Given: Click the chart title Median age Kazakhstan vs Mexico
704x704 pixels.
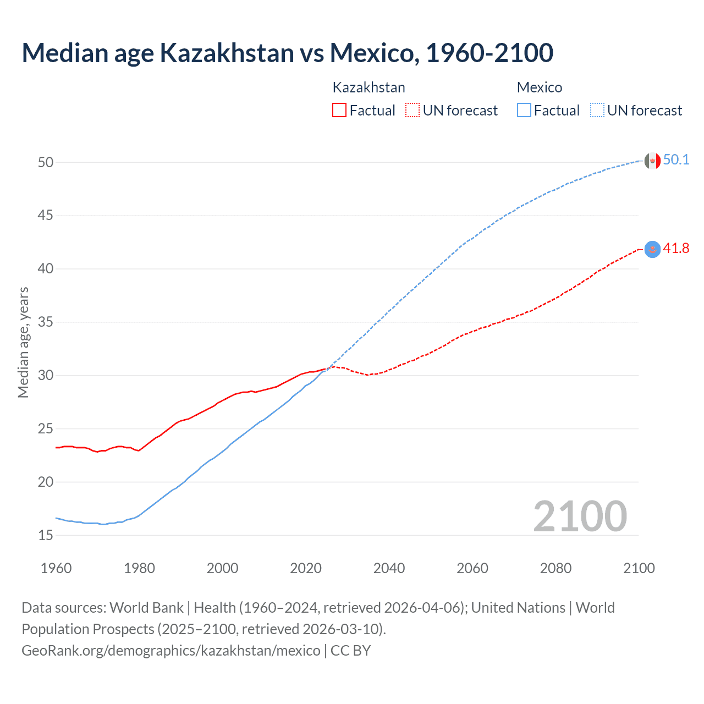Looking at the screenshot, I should [x=287, y=53].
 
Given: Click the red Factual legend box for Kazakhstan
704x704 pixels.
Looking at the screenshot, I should [x=339, y=110].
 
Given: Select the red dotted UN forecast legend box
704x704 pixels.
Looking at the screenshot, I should [x=413, y=110].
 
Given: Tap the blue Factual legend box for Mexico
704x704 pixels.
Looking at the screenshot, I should [x=524, y=110].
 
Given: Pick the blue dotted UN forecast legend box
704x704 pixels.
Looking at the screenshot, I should [x=597, y=110].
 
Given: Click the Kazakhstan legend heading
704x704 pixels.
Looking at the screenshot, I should [x=369, y=87].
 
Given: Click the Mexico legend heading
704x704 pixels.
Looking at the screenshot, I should [x=539, y=87].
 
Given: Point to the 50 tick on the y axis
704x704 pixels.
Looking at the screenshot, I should [x=46, y=162].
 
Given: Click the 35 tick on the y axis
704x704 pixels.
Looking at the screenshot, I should [x=46, y=322].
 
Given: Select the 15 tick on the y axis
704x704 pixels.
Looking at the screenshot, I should [x=46, y=535].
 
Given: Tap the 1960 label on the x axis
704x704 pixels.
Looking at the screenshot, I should [x=56, y=568].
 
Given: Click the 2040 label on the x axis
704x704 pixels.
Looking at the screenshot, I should [x=389, y=568].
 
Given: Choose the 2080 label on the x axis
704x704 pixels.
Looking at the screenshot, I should [x=555, y=568].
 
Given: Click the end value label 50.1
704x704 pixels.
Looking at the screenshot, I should [x=676, y=160].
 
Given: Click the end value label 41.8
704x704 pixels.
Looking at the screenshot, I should [x=676, y=249].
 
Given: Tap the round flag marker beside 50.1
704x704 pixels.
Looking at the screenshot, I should [x=652, y=161].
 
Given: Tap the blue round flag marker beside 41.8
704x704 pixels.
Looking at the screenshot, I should [x=652, y=249].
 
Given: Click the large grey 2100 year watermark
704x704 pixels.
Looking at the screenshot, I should [x=580, y=516].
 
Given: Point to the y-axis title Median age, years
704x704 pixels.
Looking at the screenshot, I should [x=23, y=342].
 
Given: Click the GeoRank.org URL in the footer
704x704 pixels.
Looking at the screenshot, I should [x=170, y=650].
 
